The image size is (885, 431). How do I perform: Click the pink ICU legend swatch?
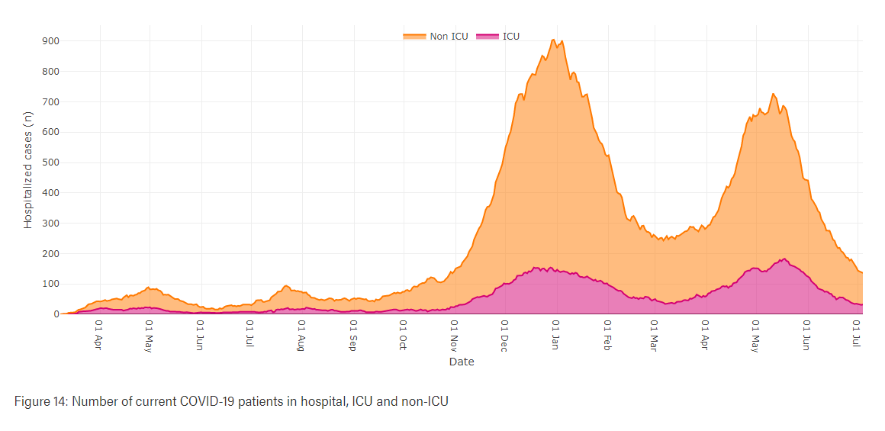(487, 37)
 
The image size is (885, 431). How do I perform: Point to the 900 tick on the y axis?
(50, 41)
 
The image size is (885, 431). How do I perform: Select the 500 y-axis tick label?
(50, 162)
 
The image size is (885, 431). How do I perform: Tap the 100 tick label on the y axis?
(50, 284)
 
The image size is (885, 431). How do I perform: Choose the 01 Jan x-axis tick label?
(555, 333)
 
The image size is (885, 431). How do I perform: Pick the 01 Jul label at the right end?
(858, 333)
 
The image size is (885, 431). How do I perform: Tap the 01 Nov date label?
(452, 333)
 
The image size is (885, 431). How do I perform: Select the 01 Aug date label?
(301, 333)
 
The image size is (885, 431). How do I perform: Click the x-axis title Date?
(462, 362)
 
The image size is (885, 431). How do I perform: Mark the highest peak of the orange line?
(553, 40)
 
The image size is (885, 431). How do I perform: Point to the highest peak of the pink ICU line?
(784, 259)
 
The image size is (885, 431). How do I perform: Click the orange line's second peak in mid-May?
(773, 94)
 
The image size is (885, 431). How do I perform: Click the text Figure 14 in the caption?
(40, 400)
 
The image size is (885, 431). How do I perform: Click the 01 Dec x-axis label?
(504, 333)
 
